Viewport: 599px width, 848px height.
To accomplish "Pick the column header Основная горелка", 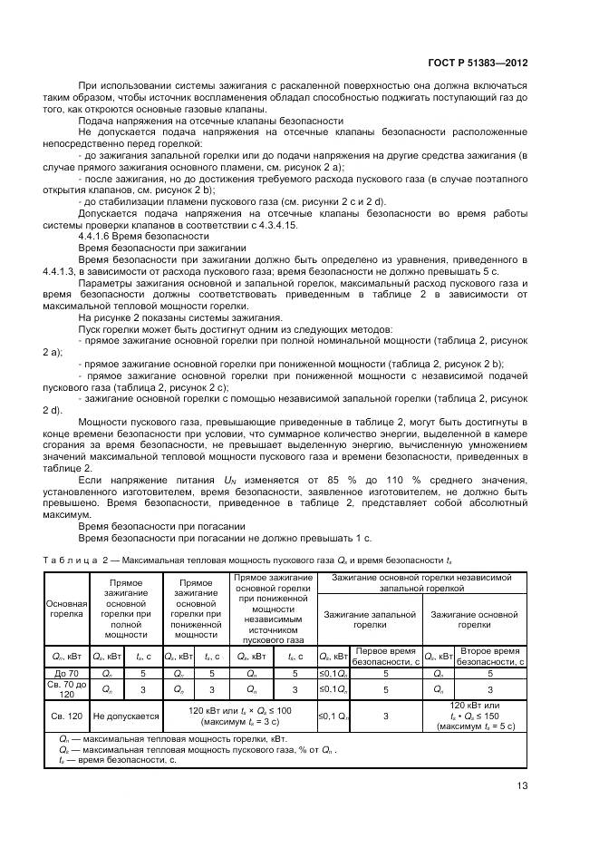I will click(x=65, y=608).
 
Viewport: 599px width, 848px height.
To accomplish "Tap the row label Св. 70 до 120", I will click(x=65, y=690).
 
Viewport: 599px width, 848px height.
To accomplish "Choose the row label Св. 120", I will click(x=65, y=716).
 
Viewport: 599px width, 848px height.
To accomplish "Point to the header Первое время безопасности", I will click(x=385, y=656).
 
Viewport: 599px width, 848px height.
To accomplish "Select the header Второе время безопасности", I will click(x=489, y=656).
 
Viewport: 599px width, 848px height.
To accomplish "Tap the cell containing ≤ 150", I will click(x=476, y=716).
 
